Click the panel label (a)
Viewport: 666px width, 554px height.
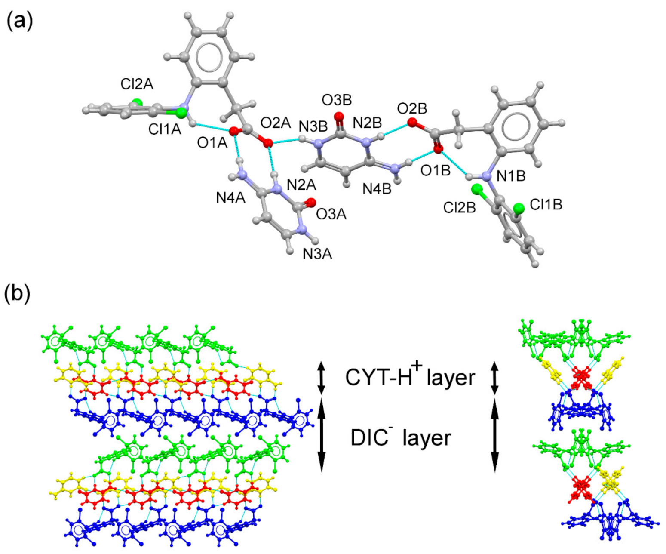point(18,22)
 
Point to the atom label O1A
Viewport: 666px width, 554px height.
point(212,143)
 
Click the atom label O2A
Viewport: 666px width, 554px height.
point(276,124)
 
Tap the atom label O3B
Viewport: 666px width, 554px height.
point(337,100)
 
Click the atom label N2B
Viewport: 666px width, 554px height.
point(367,123)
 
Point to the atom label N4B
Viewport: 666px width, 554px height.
point(377,189)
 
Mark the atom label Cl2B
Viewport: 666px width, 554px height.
point(460,207)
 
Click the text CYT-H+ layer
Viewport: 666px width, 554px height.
point(410,377)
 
